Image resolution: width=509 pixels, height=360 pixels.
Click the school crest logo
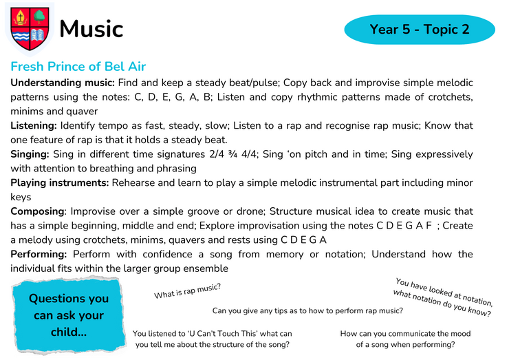(30, 29)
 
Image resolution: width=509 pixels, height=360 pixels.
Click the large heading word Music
(91, 29)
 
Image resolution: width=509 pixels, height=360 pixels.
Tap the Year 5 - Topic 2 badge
(420, 29)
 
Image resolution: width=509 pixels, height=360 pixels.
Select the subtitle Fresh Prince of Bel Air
(78, 66)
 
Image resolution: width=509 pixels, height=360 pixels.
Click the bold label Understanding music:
(63, 83)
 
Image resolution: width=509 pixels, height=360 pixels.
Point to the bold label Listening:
(34, 126)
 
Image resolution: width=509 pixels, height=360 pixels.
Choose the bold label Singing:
(30, 154)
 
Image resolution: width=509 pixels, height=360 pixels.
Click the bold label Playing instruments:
(59, 183)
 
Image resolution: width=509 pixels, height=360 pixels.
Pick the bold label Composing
(37, 211)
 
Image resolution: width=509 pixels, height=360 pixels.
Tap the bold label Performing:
(39, 254)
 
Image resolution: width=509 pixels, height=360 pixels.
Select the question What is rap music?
(187, 291)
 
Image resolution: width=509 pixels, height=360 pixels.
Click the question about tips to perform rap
(307, 311)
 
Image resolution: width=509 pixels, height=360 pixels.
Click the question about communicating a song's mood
(405, 339)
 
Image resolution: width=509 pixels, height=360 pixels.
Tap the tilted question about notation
(443, 297)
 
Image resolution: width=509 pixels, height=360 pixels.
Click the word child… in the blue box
(69, 332)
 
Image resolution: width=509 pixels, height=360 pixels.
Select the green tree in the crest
(40, 17)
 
